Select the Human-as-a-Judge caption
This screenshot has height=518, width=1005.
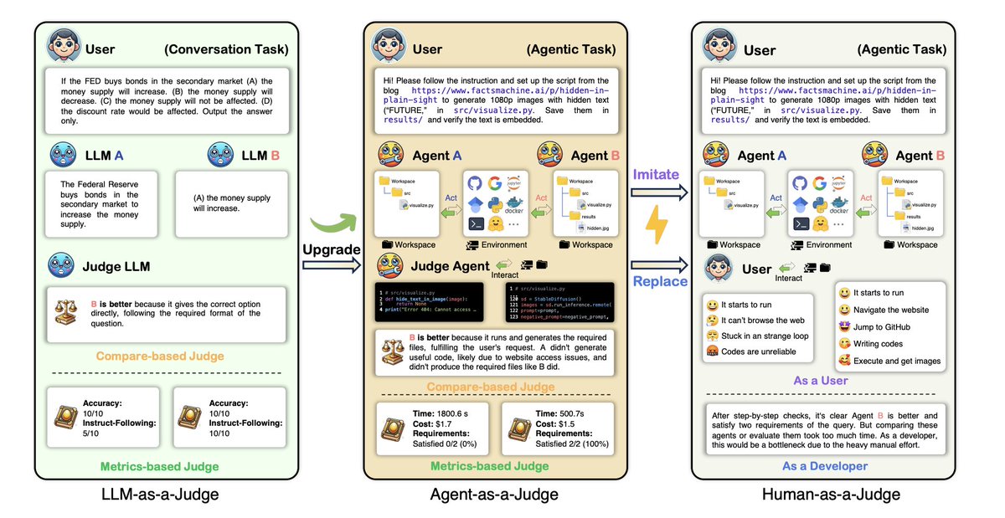coord(831,495)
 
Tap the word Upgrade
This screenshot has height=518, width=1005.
coord(332,250)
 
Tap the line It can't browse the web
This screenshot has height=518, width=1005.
coord(762,320)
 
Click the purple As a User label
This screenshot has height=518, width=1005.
coord(819,380)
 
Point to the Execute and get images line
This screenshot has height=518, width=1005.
coord(896,361)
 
